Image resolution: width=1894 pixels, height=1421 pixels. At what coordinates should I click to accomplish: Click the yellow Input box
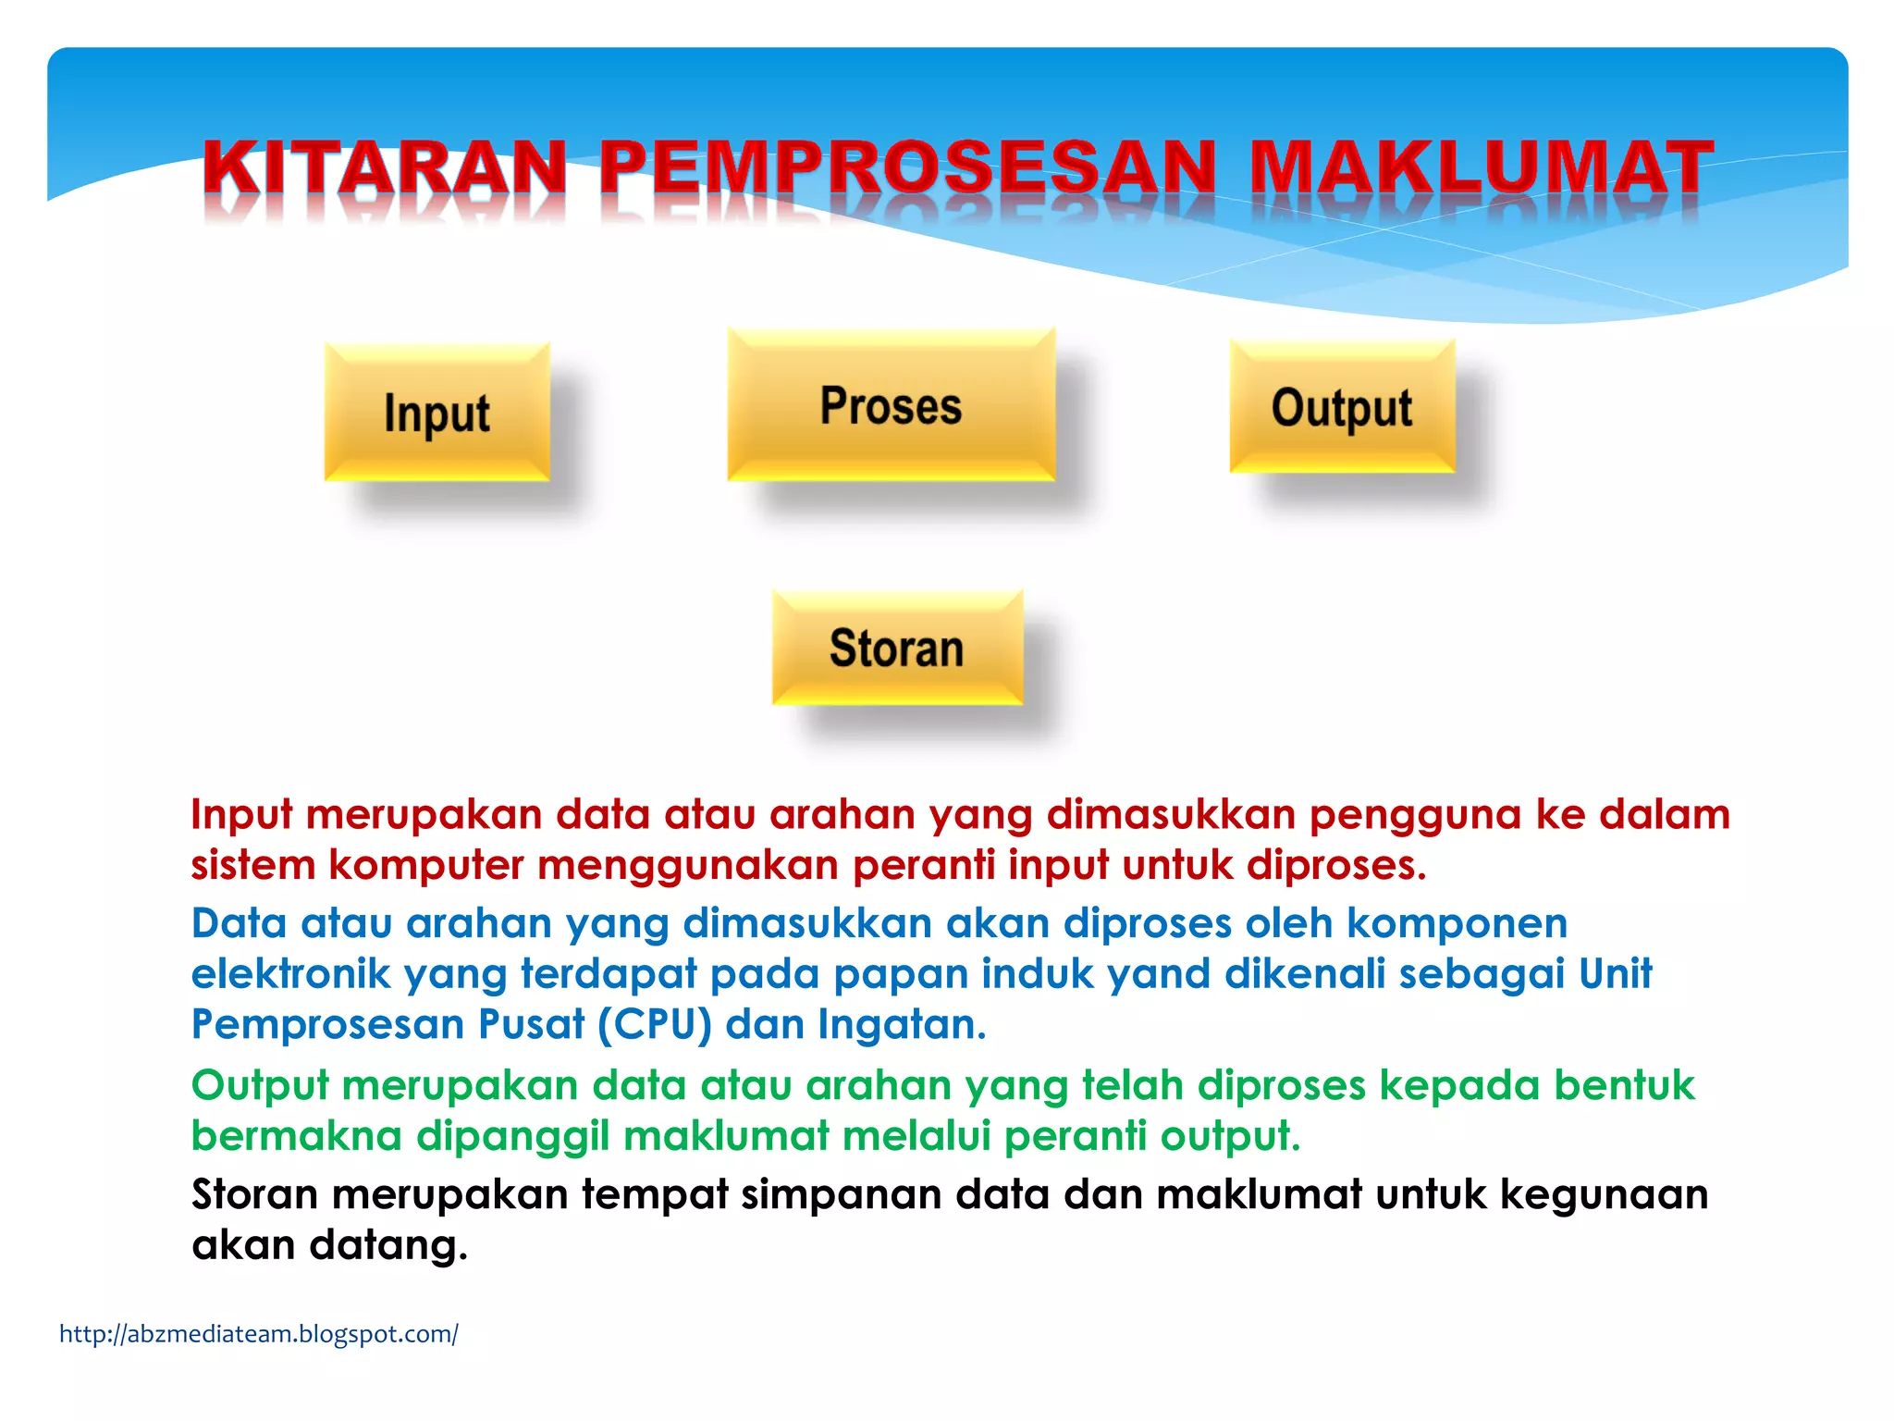click(437, 412)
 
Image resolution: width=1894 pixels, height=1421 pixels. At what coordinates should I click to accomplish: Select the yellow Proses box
click(891, 405)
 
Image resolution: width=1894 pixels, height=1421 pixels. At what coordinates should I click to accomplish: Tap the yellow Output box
click(1341, 407)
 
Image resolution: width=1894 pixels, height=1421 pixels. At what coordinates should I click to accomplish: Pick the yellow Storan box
click(896, 648)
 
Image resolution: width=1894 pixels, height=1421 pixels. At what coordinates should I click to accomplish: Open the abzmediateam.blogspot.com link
click(258, 1334)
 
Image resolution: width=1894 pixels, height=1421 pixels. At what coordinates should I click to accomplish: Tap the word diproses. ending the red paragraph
click(1335, 866)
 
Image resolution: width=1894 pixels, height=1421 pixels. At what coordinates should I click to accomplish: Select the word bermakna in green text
click(296, 1136)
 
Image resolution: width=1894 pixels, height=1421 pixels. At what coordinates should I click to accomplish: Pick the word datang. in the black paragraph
click(387, 1245)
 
